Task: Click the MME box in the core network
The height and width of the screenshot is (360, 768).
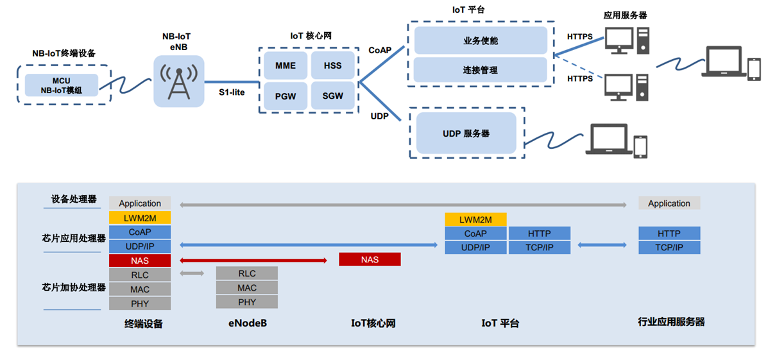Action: pyautogui.click(x=286, y=65)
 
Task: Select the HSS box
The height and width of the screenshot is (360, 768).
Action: pyautogui.click(x=332, y=65)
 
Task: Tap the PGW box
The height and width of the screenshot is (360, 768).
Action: pyautogui.click(x=286, y=96)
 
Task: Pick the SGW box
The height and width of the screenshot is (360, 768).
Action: pyautogui.click(x=332, y=96)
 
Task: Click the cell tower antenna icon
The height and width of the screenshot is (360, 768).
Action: pyautogui.click(x=179, y=81)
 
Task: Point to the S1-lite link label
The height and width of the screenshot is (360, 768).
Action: pyautogui.click(x=232, y=92)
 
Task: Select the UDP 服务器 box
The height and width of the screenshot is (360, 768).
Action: pyautogui.click(x=466, y=133)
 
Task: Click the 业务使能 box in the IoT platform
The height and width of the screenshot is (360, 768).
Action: pyautogui.click(x=481, y=40)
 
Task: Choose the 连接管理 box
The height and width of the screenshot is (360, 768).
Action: pyautogui.click(x=481, y=70)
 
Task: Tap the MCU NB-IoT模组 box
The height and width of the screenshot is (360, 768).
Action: pyautogui.click(x=62, y=85)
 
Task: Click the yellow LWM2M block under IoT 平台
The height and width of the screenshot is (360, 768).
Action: pyautogui.click(x=475, y=219)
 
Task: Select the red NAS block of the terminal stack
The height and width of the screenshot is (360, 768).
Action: pyautogui.click(x=140, y=261)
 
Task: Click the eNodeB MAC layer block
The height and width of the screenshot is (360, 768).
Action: pyautogui.click(x=247, y=287)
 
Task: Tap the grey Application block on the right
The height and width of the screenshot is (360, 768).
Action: pyautogui.click(x=669, y=203)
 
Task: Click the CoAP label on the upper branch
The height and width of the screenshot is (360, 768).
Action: pyautogui.click(x=380, y=50)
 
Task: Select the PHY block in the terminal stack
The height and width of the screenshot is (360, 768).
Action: pyautogui.click(x=140, y=303)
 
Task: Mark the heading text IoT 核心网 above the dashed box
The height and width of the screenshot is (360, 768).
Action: pyautogui.click(x=311, y=35)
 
